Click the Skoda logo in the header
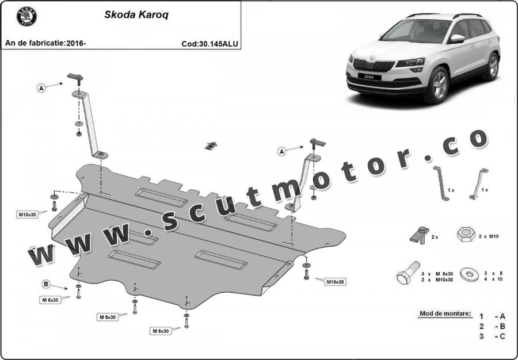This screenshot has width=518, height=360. pos(26,17)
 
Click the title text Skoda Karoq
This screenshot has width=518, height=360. pos(136,15)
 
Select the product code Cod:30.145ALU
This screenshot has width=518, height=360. pos(210,44)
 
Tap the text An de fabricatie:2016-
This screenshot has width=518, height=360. pos(45,43)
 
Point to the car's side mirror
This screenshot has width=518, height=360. pos(457,39)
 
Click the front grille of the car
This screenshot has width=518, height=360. pos(374,65)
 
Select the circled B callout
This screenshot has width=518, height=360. pos(46,284)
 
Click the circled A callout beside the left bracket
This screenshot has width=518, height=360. pos(41,88)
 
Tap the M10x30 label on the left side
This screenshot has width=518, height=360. pos(27,215)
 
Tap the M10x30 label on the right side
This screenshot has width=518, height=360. pos(335,282)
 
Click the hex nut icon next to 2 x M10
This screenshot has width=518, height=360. pos(466,235)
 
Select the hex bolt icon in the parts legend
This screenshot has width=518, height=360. pos(408,273)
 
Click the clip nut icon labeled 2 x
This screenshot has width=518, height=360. pos(420,235)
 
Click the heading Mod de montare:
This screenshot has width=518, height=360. pos(445,313)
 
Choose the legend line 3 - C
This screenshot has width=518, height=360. pos(492,336)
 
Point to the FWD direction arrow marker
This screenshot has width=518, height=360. pos(211,145)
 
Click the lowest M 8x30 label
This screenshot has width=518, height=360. pos(161,331)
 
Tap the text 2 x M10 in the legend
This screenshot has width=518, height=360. pos(489,236)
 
